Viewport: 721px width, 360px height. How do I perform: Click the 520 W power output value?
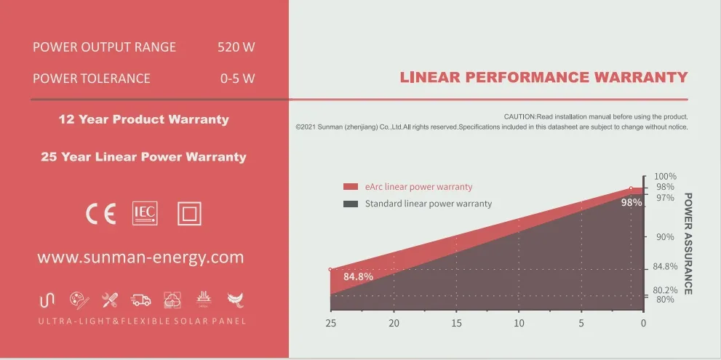tap(236, 47)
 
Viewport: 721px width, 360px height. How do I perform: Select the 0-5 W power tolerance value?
tap(237, 79)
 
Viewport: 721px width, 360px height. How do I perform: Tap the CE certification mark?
tap(100, 214)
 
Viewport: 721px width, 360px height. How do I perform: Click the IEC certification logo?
tap(144, 213)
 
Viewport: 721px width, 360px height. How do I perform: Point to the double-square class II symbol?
tap(189, 214)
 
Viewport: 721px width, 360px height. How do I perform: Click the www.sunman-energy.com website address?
tap(140, 257)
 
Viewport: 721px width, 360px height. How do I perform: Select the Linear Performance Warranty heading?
tap(543, 78)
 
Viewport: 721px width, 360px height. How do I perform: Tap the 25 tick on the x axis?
tap(331, 323)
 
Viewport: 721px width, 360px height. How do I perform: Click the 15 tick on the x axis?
tap(456, 323)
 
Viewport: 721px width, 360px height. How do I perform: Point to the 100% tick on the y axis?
tap(665, 177)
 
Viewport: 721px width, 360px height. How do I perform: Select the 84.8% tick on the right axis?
tap(665, 266)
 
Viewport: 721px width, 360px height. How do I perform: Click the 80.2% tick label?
tap(665, 290)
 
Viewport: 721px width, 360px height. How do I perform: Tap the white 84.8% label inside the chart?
tap(358, 277)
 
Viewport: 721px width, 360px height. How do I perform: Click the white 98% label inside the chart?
tap(631, 203)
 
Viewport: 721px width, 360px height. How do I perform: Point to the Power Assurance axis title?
tap(688, 244)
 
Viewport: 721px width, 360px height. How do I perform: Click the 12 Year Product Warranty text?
tap(143, 119)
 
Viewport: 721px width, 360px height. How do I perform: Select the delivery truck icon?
tap(140, 300)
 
